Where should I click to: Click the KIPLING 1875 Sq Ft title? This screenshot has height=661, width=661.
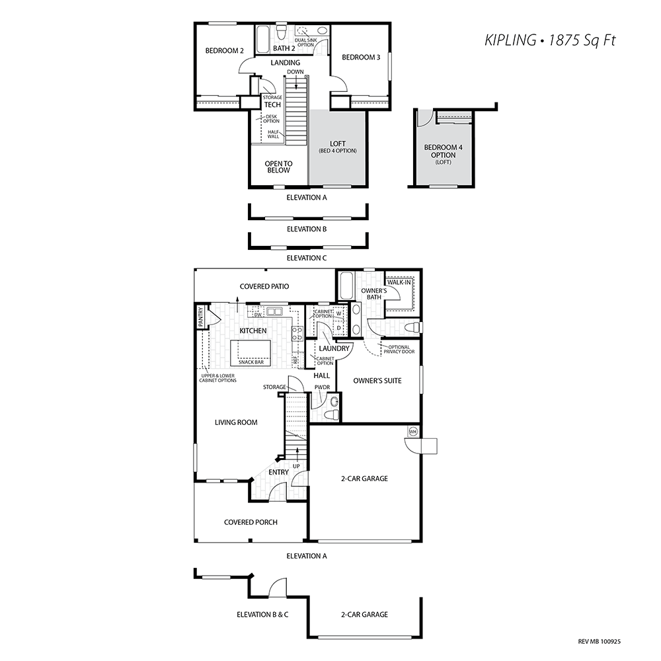click(x=550, y=40)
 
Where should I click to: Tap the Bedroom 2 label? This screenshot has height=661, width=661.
click(x=224, y=51)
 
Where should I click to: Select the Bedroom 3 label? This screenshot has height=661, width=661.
click(x=361, y=57)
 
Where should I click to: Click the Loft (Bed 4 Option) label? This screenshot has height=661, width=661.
click(x=338, y=147)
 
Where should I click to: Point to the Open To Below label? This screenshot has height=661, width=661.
click(x=278, y=167)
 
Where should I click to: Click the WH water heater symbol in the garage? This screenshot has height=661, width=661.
click(x=413, y=431)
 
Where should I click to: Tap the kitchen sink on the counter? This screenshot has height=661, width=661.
click(x=274, y=311)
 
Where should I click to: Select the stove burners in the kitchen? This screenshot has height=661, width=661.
click(x=297, y=333)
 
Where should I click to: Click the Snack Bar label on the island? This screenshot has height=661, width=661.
click(x=251, y=362)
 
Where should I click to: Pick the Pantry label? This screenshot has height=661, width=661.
click(x=201, y=317)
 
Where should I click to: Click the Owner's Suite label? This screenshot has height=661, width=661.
click(x=377, y=381)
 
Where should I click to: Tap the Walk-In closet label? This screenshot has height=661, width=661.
click(x=399, y=282)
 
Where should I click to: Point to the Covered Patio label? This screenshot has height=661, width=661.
click(x=264, y=286)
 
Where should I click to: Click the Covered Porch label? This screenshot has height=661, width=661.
click(x=251, y=522)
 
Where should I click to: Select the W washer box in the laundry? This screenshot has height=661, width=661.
click(x=339, y=313)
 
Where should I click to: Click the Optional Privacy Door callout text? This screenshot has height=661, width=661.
click(x=399, y=350)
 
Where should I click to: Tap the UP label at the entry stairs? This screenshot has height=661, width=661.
click(x=296, y=466)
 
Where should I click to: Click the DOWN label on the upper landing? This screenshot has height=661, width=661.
click(x=295, y=71)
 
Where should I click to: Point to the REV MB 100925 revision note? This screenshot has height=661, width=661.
click(x=600, y=642)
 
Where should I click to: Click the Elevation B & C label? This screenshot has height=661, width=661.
click(x=262, y=614)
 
